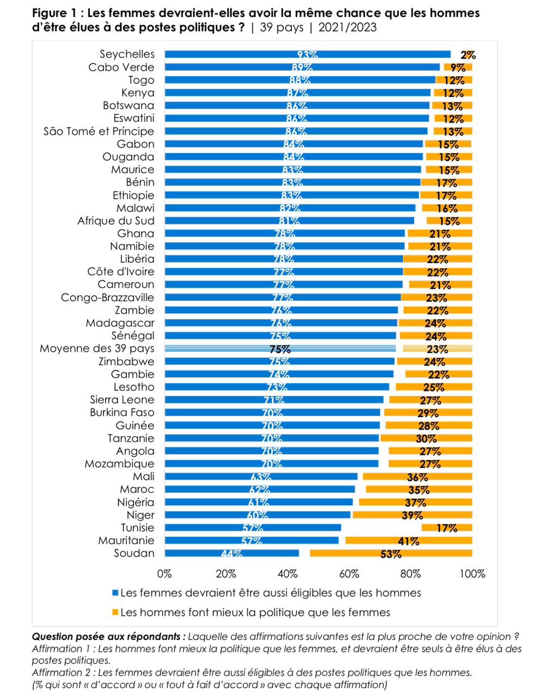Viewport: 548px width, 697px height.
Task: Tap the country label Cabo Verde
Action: [x=121, y=68]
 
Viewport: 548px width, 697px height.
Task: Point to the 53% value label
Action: [x=391, y=554]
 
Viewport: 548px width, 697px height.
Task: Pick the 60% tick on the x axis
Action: [x=349, y=574]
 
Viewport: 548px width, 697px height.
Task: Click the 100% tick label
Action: [x=472, y=574]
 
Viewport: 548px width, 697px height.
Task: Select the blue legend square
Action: [x=115, y=593]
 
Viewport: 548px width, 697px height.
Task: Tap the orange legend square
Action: [x=115, y=613]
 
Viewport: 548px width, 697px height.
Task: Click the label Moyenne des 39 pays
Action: [x=97, y=348]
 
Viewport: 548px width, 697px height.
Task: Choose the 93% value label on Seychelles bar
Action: [x=307, y=55]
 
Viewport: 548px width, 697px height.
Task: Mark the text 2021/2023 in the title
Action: [x=348, y=27]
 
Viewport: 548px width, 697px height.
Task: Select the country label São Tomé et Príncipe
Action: [x=99, y=131]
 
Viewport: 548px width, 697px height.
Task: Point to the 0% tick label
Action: [x=165, y=574]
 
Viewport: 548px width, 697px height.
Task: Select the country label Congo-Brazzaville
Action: [x=107, y=297]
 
